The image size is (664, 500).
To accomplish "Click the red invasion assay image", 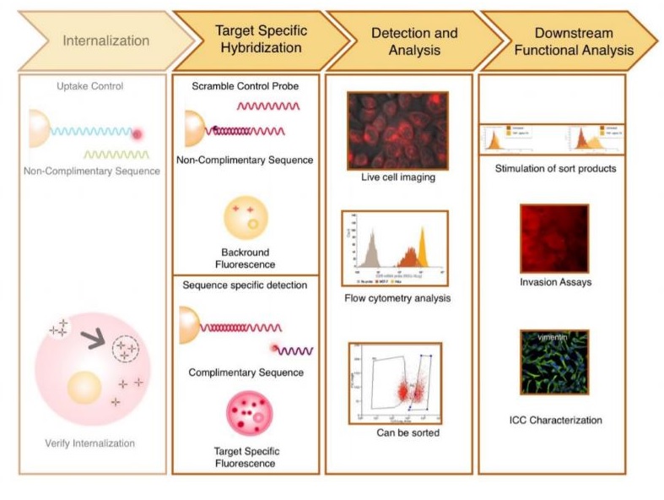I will click(553, 237).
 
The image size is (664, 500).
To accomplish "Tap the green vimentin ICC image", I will click(553, 361).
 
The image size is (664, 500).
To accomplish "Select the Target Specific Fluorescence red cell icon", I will click(249, 414).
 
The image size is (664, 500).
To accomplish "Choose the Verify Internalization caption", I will click(89, 443).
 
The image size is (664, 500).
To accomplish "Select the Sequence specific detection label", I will click(245, 285).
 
